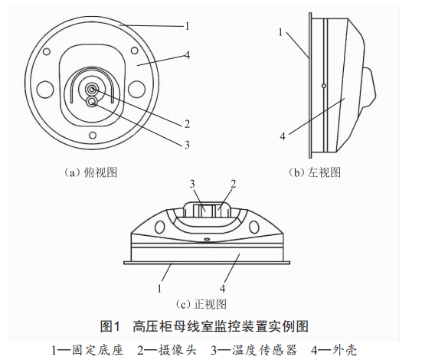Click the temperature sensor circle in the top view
coord(92,102)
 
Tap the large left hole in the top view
coord(45,90)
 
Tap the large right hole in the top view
coord(137,90)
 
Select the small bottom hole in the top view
coord(93,135)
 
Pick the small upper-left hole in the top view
coord(47,51)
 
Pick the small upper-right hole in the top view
coord(135,51)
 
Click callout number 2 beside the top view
coord(187,124)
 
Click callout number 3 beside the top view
coord(187,145)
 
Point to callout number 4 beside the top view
coord(188,55)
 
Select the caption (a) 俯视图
coord(90,172)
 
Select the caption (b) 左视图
coord(315,172)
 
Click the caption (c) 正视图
coord(201,305)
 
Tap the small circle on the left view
coord(324,86)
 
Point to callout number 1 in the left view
coord(280,32)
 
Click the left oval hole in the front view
coord(159,227)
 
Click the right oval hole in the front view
coord(254,227)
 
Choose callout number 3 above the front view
coord(192,184)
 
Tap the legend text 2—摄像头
coord(167,350)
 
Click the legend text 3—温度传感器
coord(254,350)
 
